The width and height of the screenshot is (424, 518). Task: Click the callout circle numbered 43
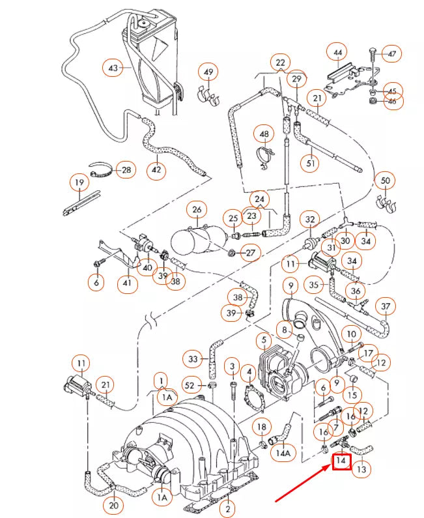(113, 67)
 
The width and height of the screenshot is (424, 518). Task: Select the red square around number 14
(342, 462)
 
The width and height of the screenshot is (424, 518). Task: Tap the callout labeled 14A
(283, 452)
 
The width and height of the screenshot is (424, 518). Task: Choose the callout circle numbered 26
(196, 210)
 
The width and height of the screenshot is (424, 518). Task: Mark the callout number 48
(264, 135)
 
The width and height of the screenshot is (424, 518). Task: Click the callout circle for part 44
(337, 51)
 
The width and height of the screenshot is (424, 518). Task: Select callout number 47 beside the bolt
(392, 53)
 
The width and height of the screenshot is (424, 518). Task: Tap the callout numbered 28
(126, 170)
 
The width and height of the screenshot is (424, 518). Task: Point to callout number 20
(114, 505)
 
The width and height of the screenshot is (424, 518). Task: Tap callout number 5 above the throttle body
(264, 339)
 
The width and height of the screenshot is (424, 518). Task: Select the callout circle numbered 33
(193, 359)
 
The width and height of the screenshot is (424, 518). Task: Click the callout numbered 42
(156, 170)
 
